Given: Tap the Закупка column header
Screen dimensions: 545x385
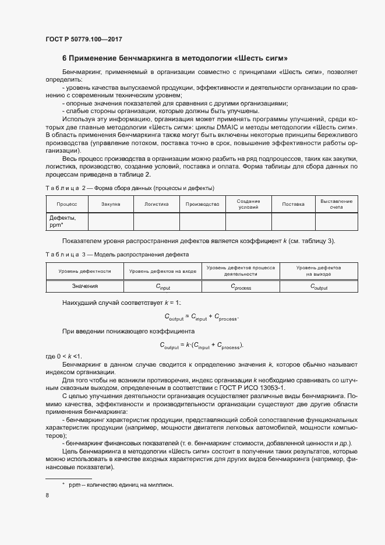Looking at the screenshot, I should coord(110,205).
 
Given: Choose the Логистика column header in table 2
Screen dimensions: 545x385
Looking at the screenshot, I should coord(156,205).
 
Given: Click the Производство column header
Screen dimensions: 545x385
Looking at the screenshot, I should coord(202,205).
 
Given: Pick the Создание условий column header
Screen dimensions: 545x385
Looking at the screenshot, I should coord(248,204).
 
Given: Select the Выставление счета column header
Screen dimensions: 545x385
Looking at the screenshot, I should coord(336,204).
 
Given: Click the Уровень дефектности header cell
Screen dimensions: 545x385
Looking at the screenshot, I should coord(85,271).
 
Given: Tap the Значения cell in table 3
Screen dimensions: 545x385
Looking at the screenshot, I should coord(85,286).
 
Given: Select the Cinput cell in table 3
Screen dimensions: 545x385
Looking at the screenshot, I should coord(163,287).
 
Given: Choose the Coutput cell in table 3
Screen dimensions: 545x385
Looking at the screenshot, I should coord(319,287).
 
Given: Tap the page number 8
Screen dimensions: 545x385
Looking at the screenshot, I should coord(47,495).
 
